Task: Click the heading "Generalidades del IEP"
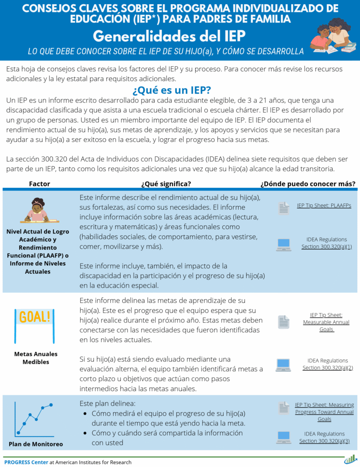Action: point(169,36)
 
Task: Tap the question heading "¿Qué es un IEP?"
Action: point(171,89)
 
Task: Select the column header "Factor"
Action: point(39,184)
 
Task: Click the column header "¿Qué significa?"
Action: point(166,184)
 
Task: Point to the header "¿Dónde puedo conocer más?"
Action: point(308,184)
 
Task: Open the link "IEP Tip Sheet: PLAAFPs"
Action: point(324,206)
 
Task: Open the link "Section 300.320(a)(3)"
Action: point(324,441)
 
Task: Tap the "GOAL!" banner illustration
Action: point(35,317)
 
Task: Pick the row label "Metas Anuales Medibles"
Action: point(36,358)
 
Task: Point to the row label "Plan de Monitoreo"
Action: point(36,444)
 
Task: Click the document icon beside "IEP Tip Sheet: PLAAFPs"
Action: point(284,208)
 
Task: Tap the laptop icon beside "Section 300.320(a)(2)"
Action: point(283,365)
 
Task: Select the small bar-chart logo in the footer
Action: point(350,459)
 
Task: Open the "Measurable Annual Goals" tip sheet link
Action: point(326,322)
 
